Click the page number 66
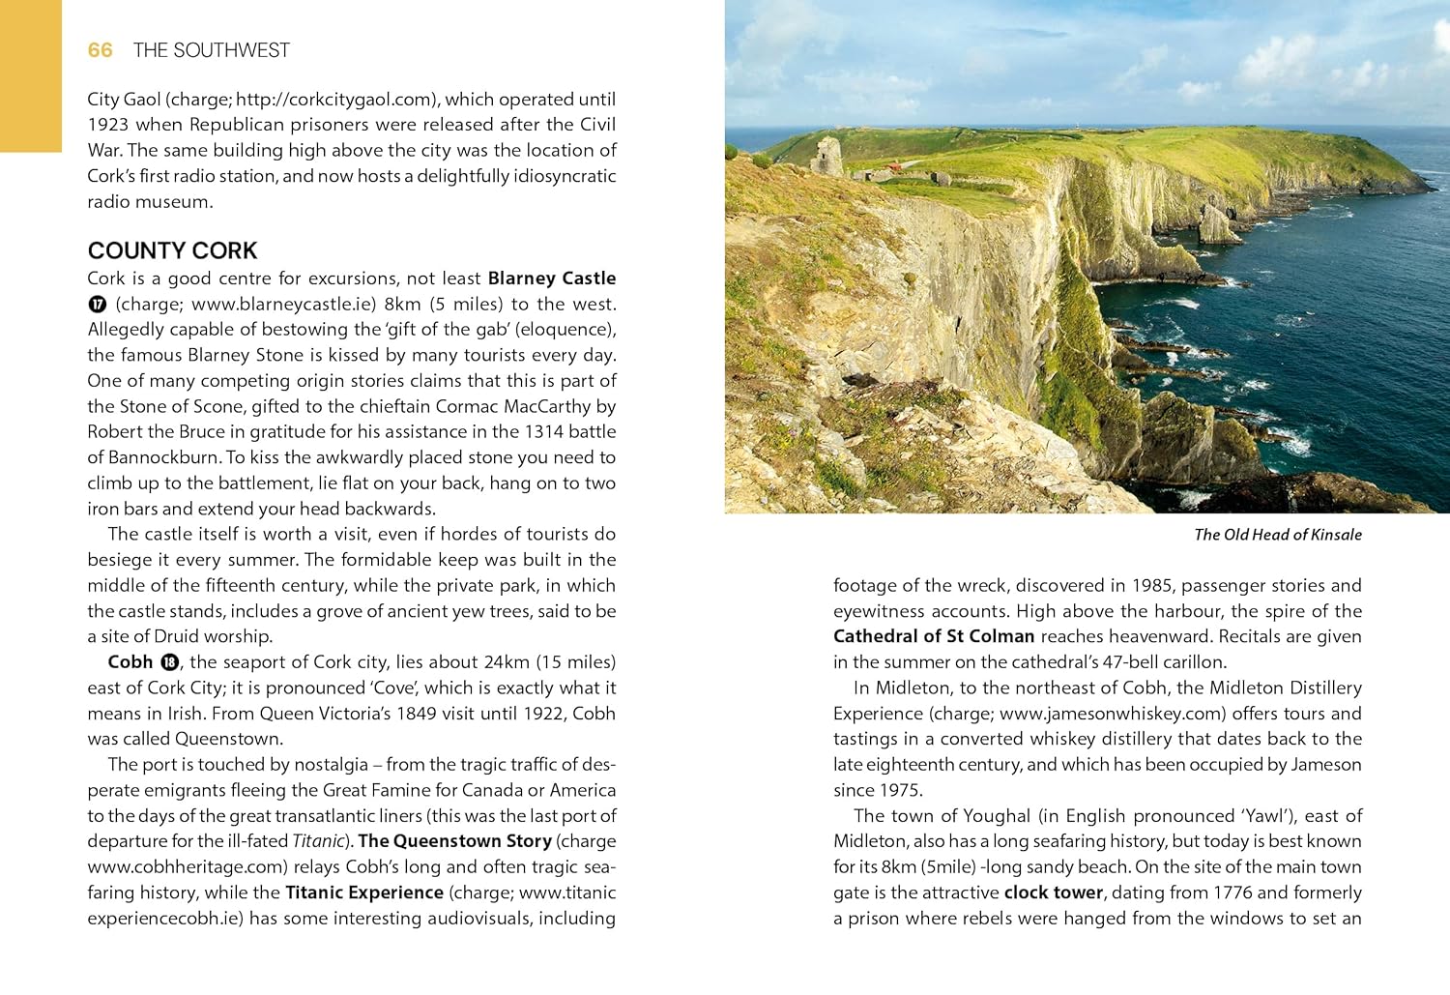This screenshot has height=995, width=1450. pyautogui.click(x=100, y=50)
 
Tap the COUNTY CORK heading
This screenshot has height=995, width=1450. pyautogui.click(x=172, y=250)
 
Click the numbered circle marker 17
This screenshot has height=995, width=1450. pyautogui.click(x=97, y=304)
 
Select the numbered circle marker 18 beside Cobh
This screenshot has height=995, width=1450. pyautogui.click(x=169, y=662)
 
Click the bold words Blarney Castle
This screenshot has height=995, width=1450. pyautogui.click(x=551, y=278)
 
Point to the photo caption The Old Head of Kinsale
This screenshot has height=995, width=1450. pyautogui.click(x=1277, y=535)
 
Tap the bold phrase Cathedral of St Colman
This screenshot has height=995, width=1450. pyautogui.click(x=934, y=636)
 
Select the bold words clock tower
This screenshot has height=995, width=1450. pyautogui.click(x=1053, y=893)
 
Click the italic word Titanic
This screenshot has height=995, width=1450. pyautogui.click(x=318, y=841)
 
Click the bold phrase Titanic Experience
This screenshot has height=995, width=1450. pyautogui.click(x=363, y=893)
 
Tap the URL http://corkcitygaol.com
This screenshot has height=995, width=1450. pyautogui.click(x=334, y=99)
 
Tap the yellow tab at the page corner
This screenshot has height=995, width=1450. pyautogui.click(x=30, y=75)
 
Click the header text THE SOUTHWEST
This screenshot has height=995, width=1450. pyautogui.click(x=211, y=50)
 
